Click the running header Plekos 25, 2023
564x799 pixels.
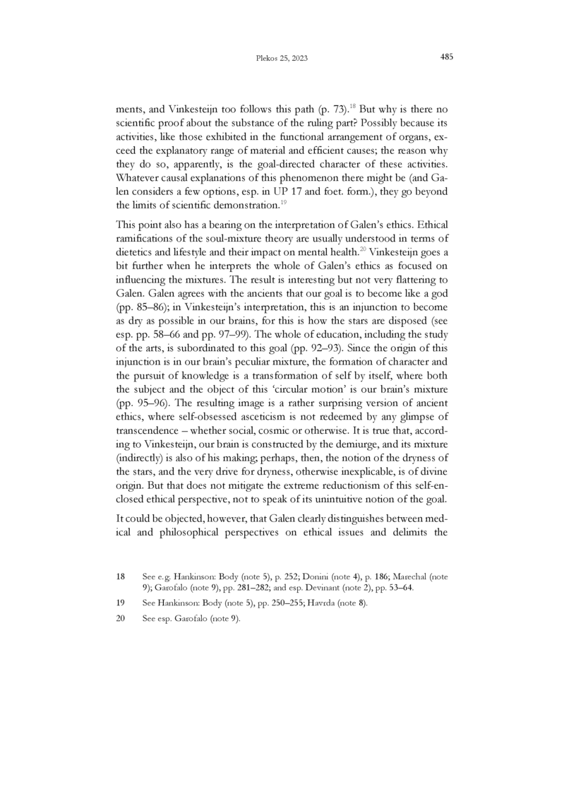point(282,58)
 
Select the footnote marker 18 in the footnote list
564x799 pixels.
point(119,576)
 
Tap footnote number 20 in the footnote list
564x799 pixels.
point(119,619)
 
